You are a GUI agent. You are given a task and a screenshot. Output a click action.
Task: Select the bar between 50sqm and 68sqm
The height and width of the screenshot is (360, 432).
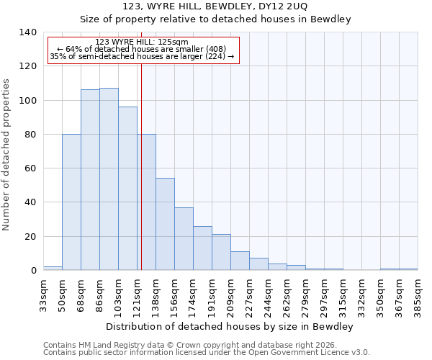click(71, 202)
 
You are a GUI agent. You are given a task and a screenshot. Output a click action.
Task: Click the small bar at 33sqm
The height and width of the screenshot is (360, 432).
click(53, 268)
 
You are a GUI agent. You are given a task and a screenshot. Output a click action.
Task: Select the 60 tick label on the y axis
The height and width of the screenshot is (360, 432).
click(30, 168)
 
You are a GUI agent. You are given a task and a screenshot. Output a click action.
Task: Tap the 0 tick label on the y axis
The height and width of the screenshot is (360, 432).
click(33, 271)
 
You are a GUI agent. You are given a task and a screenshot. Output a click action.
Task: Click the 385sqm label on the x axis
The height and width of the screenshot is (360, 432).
click(418, 295)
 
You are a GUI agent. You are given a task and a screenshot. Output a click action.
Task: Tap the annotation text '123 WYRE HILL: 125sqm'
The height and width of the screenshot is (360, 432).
click(142, 42)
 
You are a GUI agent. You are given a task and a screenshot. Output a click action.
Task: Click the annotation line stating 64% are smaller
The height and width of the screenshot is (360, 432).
click(142, 49)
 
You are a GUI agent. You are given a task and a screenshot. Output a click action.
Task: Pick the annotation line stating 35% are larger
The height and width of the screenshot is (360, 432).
click(142, 56)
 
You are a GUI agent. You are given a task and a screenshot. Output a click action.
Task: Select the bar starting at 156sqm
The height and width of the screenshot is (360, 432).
click(184, 238)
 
